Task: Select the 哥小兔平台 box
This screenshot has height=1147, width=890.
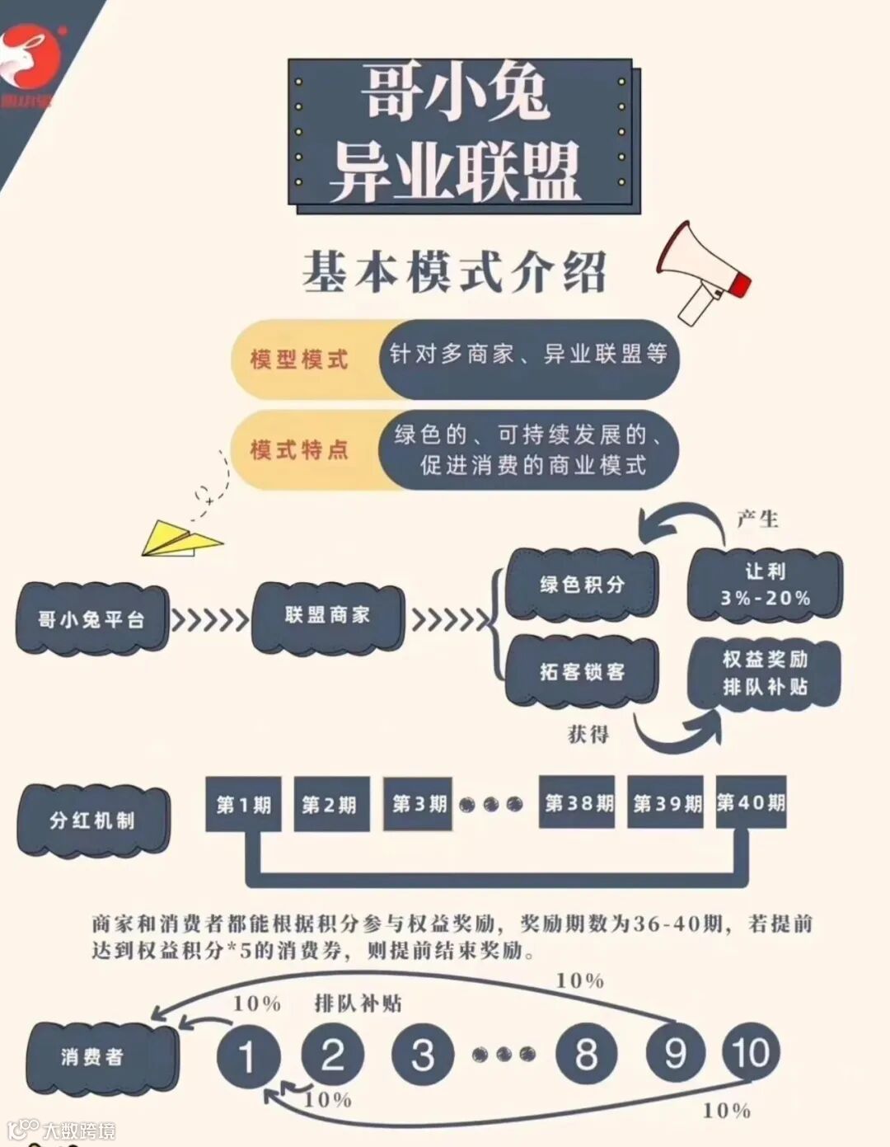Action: (91, 619)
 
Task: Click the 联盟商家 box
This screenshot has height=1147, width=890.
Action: (327, 615)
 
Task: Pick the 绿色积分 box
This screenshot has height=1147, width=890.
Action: (582, 585)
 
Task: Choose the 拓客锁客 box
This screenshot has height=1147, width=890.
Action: (582, 672)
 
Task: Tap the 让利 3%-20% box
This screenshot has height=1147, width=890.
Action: (765, 585)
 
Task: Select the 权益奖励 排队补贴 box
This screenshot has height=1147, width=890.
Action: (765, 673)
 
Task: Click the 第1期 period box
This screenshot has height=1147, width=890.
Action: (243, 804)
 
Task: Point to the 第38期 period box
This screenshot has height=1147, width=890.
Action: (578, 802)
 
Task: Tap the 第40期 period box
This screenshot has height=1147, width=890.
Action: (751, 802)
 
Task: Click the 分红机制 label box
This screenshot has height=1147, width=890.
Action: (92, 820)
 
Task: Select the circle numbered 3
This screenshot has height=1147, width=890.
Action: (423, 1054)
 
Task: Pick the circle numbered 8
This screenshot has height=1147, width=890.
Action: (586, 1054)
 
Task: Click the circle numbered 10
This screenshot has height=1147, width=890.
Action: (750, 1053)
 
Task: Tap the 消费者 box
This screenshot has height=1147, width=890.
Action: (92, 1056)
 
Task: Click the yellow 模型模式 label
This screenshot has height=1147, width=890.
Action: (300, 360)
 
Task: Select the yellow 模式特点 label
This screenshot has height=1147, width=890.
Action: (300, 450)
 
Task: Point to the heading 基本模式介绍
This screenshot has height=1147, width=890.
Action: (454, 271)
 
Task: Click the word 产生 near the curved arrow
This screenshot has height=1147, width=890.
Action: (757, 519)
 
